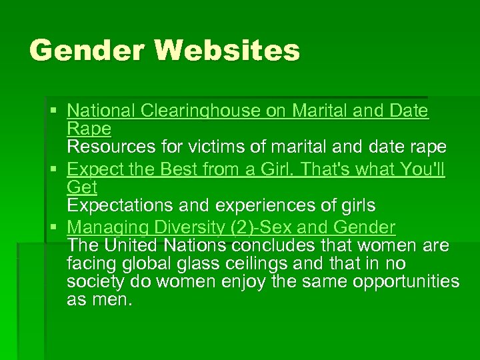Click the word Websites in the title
tap(226, 51)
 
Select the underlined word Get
tap(82, 187)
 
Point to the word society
tap(96, 281)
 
